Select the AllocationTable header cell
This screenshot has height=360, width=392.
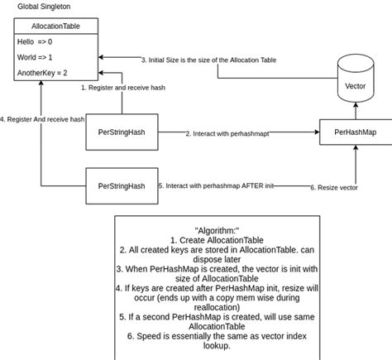(x=56, y=26)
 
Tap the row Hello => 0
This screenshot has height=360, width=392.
(x=35, y=41)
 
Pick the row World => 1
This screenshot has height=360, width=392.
(x=36, y=57)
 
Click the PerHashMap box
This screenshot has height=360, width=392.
(x=356, y=132)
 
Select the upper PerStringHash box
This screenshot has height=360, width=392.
(x=122, y=132)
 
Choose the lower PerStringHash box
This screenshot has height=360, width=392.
(x=122, y=185)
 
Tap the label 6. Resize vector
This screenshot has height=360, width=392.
(x=334, y=187)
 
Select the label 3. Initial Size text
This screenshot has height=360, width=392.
(x=208, y=60)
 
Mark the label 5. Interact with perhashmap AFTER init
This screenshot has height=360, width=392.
(x=215, y=186)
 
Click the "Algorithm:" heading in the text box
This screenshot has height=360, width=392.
(x=217, y=229)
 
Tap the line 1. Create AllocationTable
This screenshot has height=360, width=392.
(x=217, y=239)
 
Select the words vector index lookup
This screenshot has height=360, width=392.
(x=248, y=335)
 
